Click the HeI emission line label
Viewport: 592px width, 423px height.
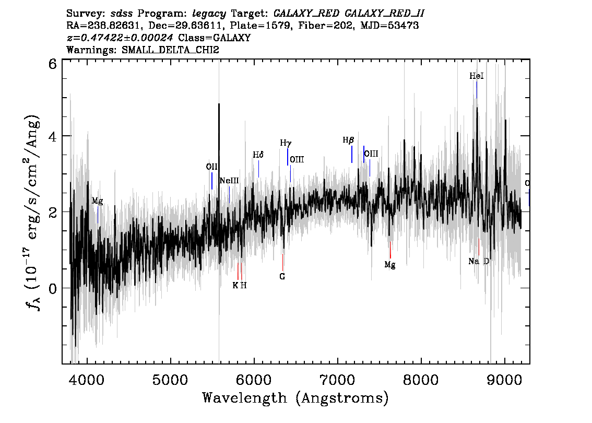click(477, 76)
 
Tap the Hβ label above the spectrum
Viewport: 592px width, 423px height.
click(348, 140)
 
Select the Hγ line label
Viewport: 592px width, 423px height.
click(286, 143)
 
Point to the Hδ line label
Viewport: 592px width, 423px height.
click(258, 155)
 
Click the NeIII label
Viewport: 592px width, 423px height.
click(229, 181)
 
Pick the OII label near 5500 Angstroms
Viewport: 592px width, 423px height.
click(212, 167)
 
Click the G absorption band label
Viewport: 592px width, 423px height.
click(282, 276)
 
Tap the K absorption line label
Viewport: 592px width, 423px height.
click(235, 286)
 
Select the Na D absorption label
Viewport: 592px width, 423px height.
click(479, 261)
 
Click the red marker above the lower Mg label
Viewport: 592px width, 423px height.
click(390, 250)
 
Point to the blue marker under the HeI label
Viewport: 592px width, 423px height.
click(477, 90)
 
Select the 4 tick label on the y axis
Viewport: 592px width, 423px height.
click(53, 137)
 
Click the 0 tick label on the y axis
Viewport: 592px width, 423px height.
click(53, 289)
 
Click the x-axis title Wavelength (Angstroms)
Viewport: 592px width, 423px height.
click(295, 398)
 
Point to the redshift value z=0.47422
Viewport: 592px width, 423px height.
click(120, 38)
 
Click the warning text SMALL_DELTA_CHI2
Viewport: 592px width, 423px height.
click(170, 50)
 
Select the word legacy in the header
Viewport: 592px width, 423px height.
click(209, 14)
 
